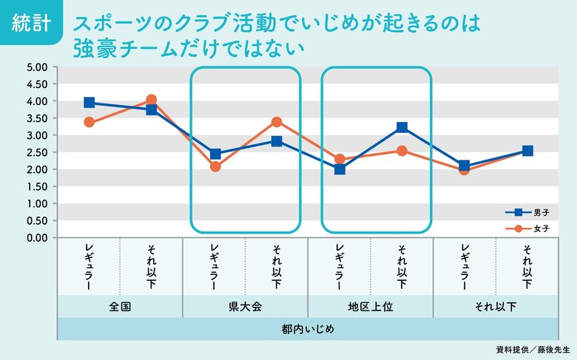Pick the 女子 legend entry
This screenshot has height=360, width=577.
530,229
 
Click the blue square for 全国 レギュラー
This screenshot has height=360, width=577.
89,103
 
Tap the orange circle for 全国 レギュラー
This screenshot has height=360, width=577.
89,122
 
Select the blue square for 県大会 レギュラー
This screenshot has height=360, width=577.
215,154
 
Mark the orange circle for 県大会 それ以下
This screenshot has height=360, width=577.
277,122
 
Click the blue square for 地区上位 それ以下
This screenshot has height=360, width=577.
402,128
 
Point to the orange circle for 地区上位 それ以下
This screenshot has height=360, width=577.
402,151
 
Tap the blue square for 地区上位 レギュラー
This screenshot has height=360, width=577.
340,169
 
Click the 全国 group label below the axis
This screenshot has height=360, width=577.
120,307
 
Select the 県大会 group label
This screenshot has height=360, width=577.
246,307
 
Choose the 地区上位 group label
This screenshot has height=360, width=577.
370,307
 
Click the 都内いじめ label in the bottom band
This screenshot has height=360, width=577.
308,328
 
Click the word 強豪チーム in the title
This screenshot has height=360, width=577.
122,48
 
